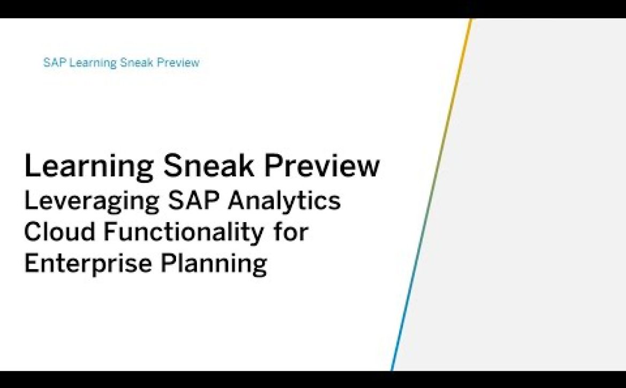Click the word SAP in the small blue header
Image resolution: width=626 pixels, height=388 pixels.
[x=54, y=63]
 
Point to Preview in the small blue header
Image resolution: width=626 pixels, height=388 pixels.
[x=178, y=63]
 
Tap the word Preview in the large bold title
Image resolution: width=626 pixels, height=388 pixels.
[x=322, y=165]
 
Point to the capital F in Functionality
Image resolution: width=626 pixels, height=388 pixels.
[x=110, y=232]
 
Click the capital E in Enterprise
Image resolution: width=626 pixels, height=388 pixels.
[x=31, y=263]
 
